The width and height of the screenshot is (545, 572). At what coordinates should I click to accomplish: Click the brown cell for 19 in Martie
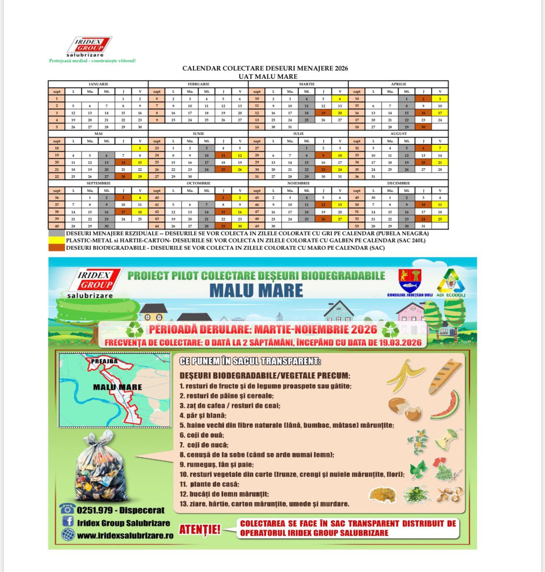tap(323, 113)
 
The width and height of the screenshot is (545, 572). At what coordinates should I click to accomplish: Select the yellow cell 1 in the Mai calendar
tap(140, 148)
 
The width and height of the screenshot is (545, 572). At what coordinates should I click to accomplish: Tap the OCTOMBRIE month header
tap(198, 183)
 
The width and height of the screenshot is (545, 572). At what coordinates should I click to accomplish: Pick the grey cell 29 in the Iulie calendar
tap(306, 177)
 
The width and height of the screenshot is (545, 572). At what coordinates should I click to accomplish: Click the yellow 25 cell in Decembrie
tap(440, 219)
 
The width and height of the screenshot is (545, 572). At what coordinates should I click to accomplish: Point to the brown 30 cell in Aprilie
tap(423, 127)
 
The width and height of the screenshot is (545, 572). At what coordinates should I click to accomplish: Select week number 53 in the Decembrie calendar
tap(357, 226)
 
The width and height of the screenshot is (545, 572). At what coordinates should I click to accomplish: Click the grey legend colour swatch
tap(57, 233)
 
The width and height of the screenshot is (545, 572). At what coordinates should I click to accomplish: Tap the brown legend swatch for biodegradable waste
tap(57, 248)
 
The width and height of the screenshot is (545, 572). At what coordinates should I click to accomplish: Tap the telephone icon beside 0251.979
tap(67, 509)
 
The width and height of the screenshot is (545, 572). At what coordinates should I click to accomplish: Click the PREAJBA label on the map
tap(104, 361)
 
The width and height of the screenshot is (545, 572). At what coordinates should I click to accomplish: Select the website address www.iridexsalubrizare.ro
tap(125, 536)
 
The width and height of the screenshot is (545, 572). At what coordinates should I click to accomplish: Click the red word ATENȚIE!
tap(200, 529)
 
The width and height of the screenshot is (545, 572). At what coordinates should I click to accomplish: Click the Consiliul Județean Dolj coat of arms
tap(410, 280)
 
